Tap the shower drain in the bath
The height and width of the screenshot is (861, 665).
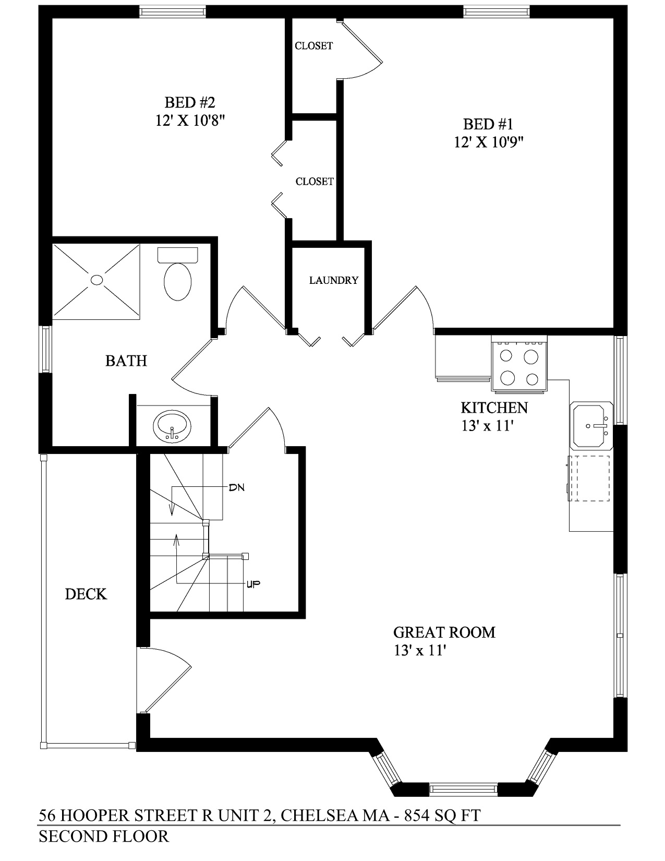click(x=96, y=280)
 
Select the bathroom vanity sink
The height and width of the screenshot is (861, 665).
click(x=172, y=426)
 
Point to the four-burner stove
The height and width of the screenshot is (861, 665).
click(x=519, y=363)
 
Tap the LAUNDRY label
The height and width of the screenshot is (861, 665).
click(x=333, y=281)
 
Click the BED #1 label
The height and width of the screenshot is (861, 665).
click(x=488, y=124)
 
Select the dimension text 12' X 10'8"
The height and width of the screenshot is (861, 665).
click(x=190, y=120)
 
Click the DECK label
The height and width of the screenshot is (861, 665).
click(x=86, y=594)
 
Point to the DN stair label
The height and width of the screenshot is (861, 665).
click(x=236, y=487)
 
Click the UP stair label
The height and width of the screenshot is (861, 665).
click(x=253, y=583)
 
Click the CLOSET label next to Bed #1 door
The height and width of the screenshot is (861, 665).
click(x=313, y=46)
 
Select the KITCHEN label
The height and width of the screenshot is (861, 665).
click(x=494, y=408)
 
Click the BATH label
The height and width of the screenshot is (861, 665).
click(x=126, y=361)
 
